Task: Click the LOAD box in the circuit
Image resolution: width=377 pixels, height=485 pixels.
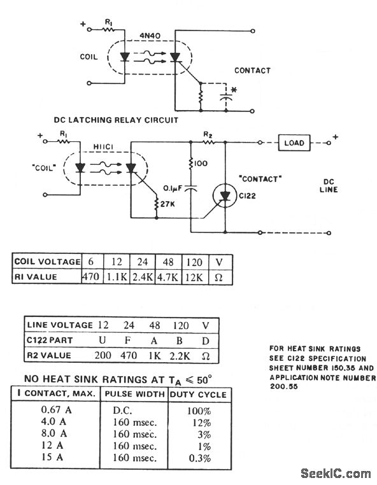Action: (294, 143)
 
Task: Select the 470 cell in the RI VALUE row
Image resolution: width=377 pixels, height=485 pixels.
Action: (91, 278)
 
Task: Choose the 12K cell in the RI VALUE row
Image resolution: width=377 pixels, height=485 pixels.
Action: (193, 278)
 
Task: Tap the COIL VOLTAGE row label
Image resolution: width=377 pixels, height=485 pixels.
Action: (47, 262)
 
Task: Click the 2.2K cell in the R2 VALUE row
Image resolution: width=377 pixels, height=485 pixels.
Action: (180, 355)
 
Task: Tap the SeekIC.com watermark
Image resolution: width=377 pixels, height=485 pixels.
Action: (335, 473)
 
